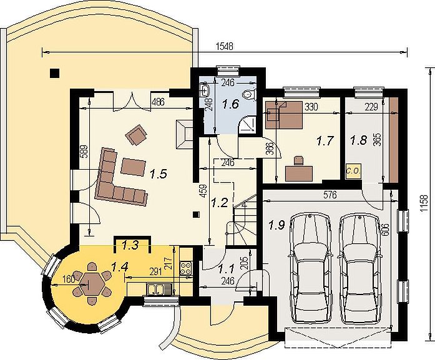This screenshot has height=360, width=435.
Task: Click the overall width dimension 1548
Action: pos(225,46)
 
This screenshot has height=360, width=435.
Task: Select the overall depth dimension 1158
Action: pos(424,204)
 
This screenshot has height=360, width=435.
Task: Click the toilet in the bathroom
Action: pos(249,95)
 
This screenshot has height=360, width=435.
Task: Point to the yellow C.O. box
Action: pos(353,171)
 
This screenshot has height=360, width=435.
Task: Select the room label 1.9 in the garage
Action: pos(276,225)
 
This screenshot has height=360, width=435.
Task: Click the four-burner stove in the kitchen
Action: pos(185,268)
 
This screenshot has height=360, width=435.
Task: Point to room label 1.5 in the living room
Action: pos(159,174)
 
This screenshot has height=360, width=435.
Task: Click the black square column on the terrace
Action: pos(54,73)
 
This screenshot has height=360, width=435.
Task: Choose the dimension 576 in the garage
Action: pos(330,195)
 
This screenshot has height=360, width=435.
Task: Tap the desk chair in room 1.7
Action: pos(298,160)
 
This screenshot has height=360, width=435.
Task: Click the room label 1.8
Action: pos(359,140)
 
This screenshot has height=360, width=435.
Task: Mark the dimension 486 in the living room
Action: pos(158,102)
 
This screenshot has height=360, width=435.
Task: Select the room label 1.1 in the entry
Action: pos(227,268)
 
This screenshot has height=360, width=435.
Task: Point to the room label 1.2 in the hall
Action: pos(220,203)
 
